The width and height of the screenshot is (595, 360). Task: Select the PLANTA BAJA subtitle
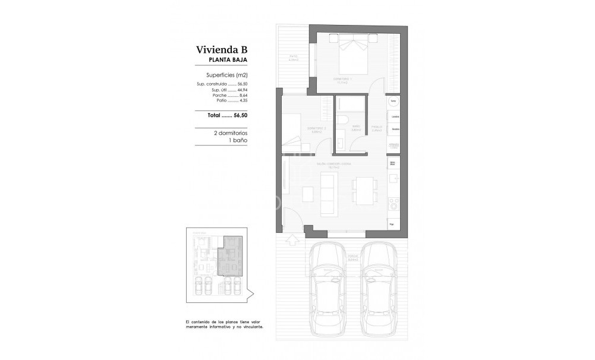[228, 61]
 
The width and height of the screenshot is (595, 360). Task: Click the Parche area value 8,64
[242, 96]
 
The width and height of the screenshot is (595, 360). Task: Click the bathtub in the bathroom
[349, 105]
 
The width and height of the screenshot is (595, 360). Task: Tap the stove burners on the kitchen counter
[392, 205]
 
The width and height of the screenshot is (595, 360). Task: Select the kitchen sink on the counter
[393, 178]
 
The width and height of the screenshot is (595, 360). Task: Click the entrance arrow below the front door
[292, 240]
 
